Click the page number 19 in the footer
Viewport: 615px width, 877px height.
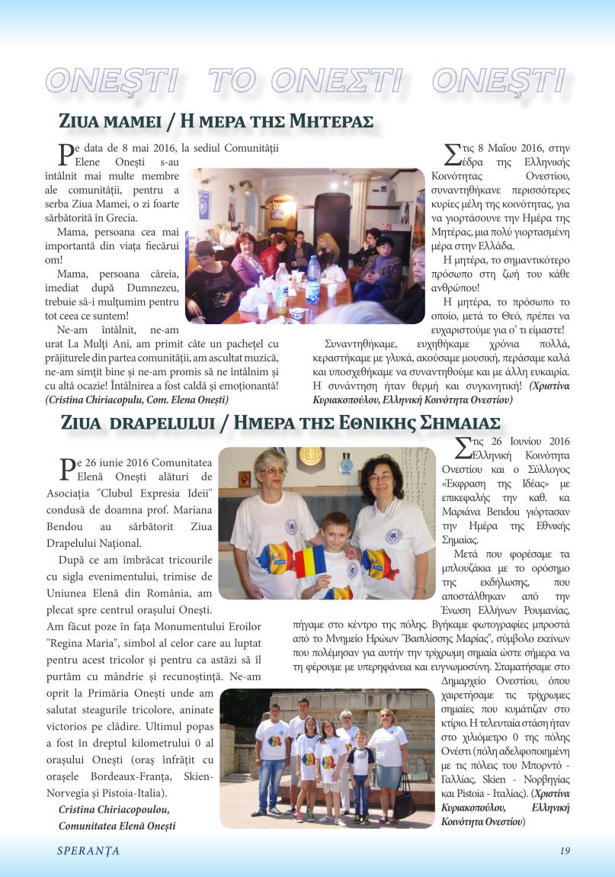click(564, 851)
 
